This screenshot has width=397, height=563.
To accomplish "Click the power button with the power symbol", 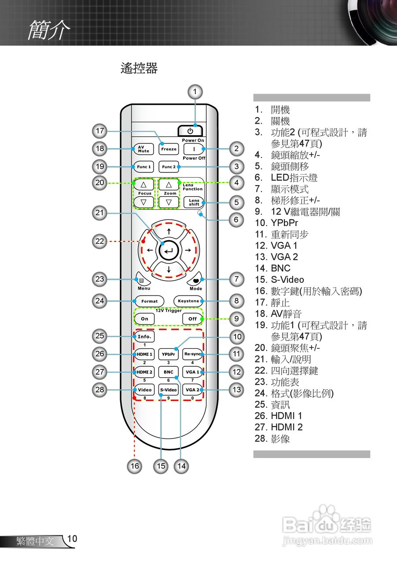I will point(190,131).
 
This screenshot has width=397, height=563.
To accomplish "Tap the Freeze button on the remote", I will point(169,149).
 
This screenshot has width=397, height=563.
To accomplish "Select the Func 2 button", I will point(169,167).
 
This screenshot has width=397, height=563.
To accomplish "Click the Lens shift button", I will point(194,202).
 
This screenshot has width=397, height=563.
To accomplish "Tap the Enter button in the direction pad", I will point(169,251).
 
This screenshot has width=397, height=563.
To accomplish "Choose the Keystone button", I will point(188,301).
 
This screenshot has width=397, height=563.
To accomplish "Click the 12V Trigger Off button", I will point(192,319).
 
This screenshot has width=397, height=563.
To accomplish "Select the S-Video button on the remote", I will point(169,390).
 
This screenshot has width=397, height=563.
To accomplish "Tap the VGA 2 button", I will point(192,390).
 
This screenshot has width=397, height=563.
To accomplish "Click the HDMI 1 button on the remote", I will point(144,354).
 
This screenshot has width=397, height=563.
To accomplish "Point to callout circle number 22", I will point(100,241).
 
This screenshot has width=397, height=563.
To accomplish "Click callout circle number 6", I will point(236,219).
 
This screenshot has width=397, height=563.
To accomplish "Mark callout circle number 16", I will point(135,466).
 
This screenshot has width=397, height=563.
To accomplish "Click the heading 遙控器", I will point(139,69).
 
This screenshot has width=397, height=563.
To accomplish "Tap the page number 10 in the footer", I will point(72,539).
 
